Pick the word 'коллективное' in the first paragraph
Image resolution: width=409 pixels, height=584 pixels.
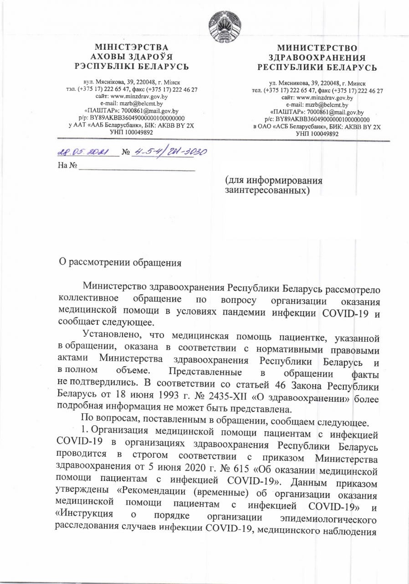pos(89,299)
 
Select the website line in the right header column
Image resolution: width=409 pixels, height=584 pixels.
pos(318,97)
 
